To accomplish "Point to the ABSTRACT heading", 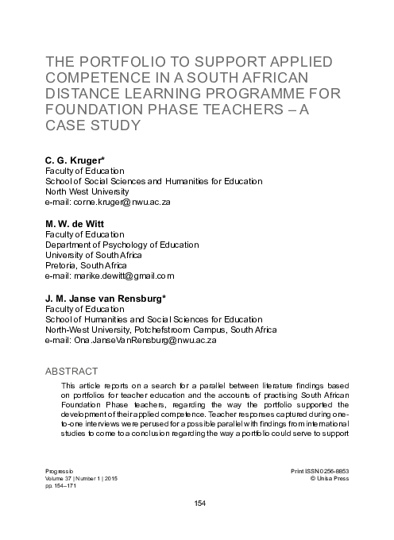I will [x=71, y=372].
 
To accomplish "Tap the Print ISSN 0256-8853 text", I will [x=320, y=471].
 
